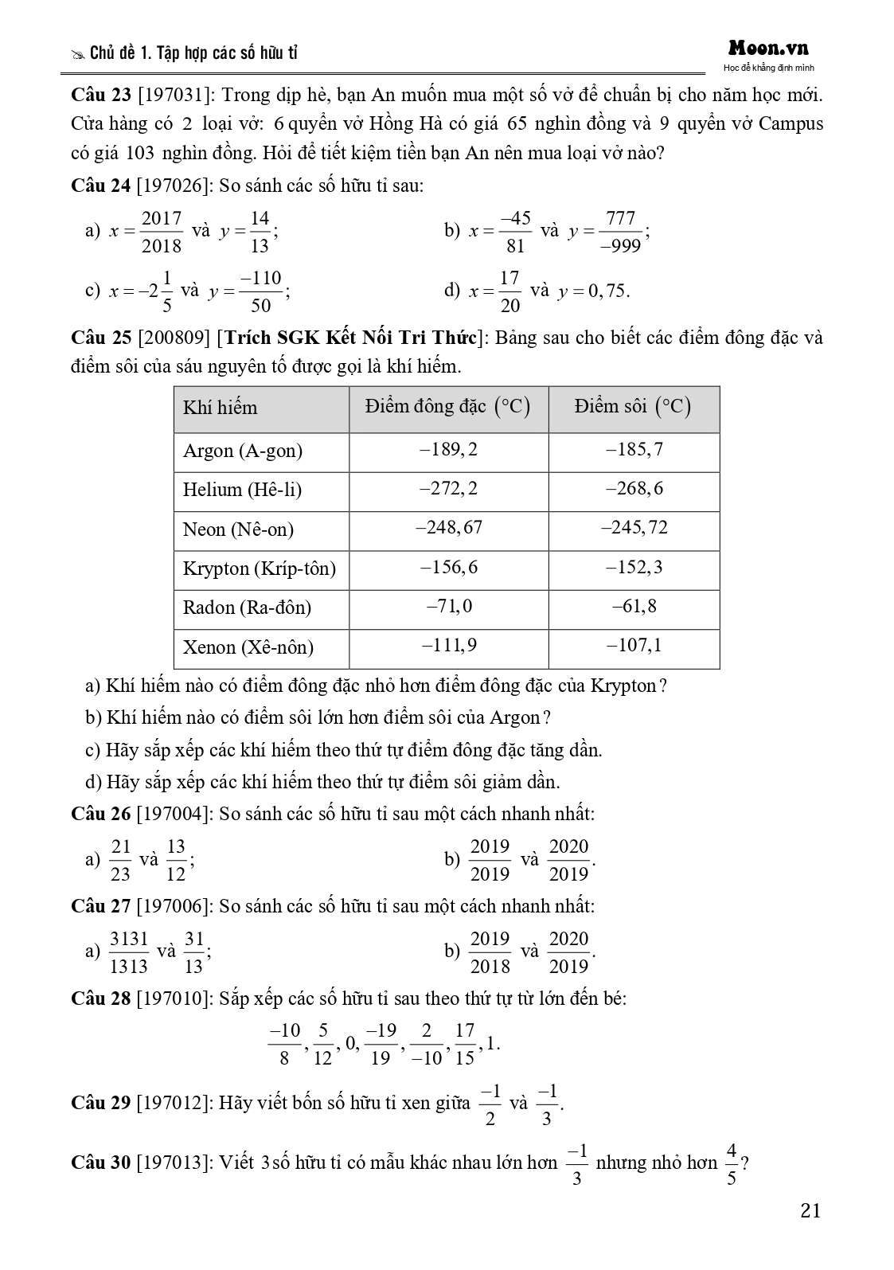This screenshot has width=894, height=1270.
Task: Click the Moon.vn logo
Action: click(767, 49)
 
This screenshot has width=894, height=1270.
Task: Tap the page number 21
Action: click(810, 1211)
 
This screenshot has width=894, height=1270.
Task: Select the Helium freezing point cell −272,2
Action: click(448, 489)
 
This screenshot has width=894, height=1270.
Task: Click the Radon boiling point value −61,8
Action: click(634, 608)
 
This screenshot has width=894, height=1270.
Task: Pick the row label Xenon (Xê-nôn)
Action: click(248, 647)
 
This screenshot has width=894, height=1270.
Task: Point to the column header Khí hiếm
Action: click(221, 408)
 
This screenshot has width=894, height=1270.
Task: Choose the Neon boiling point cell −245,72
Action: click(634, 528)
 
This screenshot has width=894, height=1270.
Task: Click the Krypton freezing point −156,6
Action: click(448, 568)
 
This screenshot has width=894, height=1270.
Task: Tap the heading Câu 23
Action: click(101, 96)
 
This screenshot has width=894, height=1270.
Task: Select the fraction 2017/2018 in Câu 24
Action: click(162, 232)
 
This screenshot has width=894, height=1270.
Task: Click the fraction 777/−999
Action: click(620, 232)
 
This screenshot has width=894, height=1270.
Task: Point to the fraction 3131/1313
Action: click(129, 952)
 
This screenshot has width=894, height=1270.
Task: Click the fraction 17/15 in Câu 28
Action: click(465, 1044)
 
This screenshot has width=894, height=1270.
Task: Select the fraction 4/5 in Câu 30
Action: click(732, 1164)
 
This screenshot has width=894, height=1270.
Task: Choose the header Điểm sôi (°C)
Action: click(633, 408)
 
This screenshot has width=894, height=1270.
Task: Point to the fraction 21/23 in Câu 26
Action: click(120, 860)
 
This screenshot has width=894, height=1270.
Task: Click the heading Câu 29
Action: click(101, 1103)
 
